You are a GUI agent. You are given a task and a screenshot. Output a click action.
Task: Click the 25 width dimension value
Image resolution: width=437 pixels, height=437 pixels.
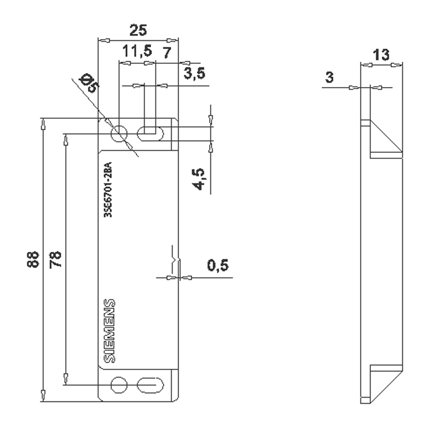(138, 31)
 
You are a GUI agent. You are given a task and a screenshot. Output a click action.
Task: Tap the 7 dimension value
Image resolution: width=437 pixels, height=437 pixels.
(166, 52)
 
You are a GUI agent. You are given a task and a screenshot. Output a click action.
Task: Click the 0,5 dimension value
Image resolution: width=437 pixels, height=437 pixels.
(218, 265)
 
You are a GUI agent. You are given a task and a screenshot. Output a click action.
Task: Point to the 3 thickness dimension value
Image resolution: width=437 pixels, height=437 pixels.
(329, 78)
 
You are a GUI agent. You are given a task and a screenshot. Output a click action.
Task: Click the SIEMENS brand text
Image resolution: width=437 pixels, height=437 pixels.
(111, 331)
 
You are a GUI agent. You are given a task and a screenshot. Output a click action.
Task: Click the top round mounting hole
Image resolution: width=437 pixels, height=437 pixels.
(119, 134)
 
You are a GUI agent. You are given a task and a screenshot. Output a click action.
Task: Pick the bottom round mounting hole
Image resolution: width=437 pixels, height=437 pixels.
(119, 385)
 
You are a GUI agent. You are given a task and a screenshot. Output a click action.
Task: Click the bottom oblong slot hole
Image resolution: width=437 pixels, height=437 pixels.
(150, 385)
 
